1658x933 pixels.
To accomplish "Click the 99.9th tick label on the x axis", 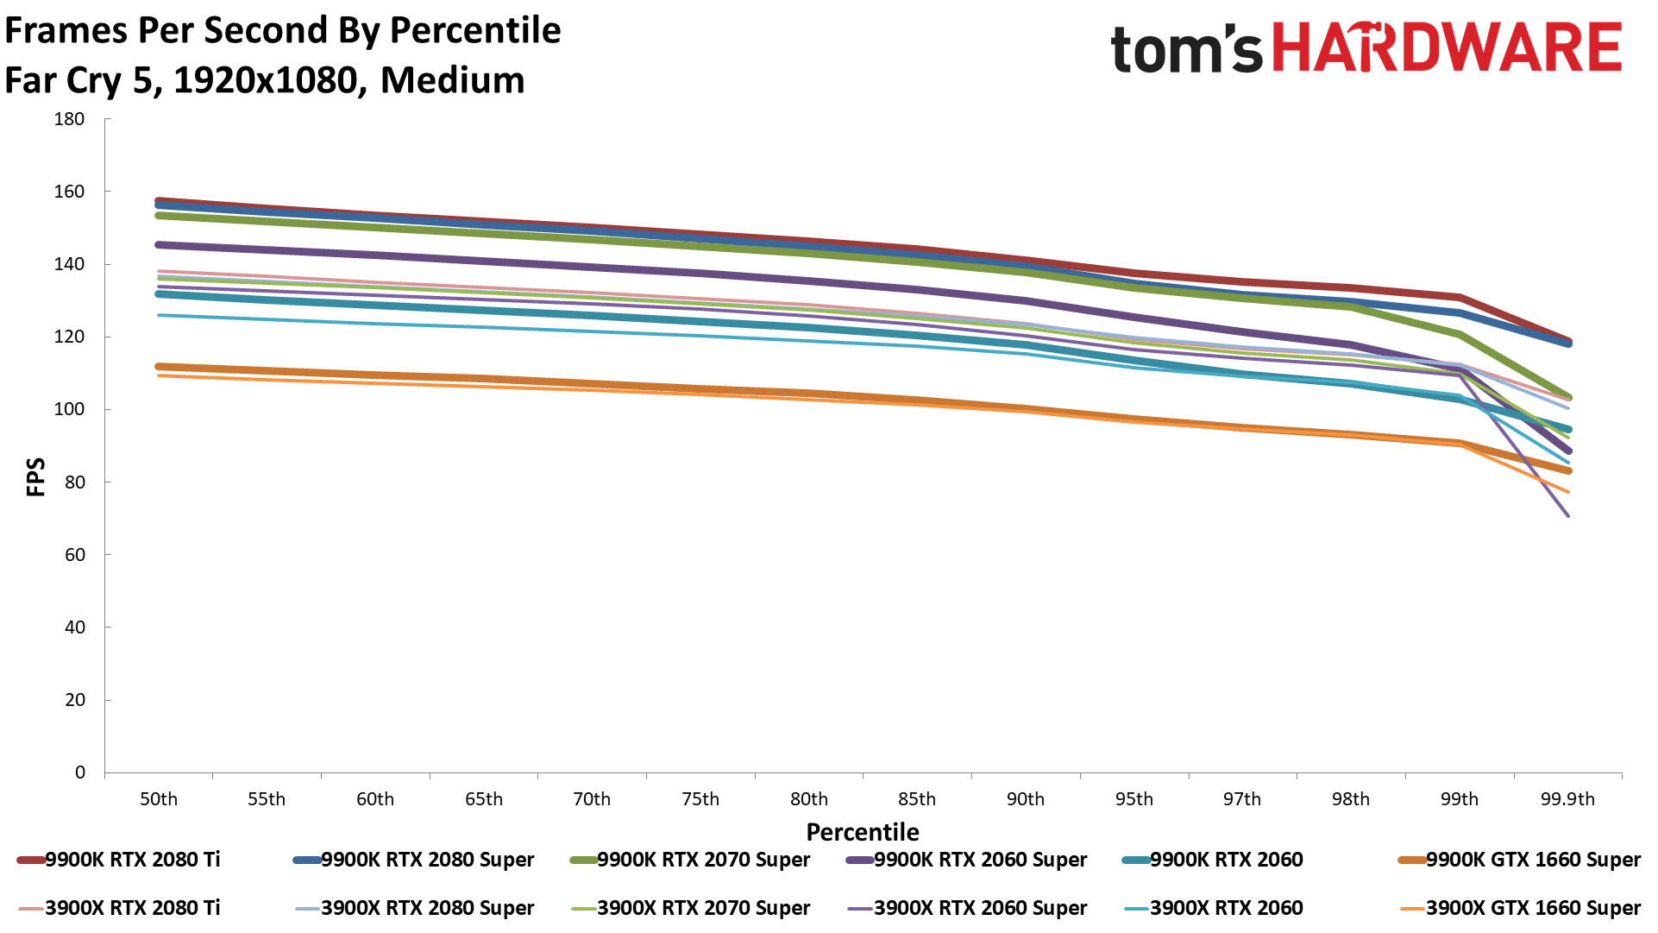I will (1567, 799).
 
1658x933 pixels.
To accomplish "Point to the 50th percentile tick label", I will (159, 799).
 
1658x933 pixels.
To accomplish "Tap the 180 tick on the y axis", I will (69, 119).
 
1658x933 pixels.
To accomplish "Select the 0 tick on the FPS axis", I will (79, 772).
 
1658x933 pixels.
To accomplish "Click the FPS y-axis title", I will (35, 477).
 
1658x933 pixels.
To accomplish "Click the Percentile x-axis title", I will (863, 832).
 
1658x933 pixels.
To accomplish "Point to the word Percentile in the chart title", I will (475, 31).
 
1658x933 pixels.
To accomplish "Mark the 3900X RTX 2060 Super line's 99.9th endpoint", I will (1567, 516).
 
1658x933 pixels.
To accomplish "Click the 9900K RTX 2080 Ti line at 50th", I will (160, 200).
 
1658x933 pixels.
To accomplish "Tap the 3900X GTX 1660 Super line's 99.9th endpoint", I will (1567, 492).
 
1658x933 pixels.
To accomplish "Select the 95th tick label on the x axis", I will (1134, 799).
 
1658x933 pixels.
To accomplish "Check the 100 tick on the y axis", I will (69, 409).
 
